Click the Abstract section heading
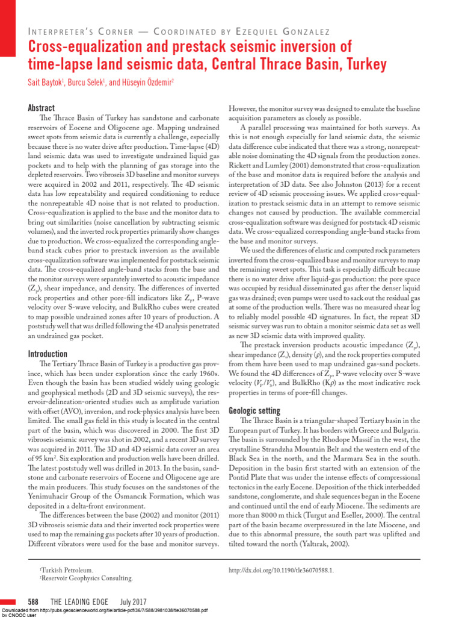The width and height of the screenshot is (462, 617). click(x=42, y=108)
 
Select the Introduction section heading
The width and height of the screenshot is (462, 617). click(x=48, y=354)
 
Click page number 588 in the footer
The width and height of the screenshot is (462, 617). click(x=34, y=602)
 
